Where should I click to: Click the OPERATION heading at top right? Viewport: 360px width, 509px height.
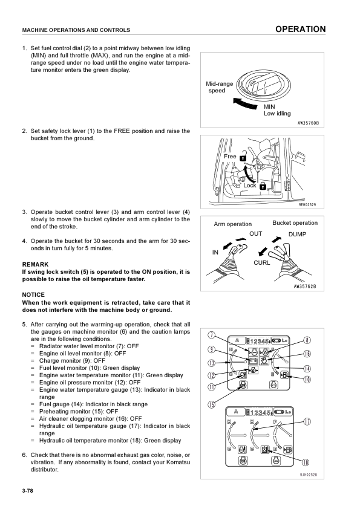tap(300, 29)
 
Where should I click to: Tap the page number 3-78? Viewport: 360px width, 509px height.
tap(28, 490)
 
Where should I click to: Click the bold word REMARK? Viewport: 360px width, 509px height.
tap(35, 265)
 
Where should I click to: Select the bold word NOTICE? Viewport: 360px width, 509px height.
tap(33, 295)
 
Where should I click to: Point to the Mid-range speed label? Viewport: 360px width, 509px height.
tap(219, 87)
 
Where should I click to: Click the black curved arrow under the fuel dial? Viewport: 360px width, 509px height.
tap(246, 103)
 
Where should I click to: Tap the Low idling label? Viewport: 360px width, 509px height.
tap(277, 113)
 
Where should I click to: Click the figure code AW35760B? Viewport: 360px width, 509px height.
tap(309, 123)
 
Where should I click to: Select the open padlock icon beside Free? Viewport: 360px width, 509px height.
tap(243, 157)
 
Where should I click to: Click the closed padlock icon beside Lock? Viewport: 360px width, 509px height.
tap(263, 186)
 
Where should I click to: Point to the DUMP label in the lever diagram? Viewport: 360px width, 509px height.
tap(297, 235)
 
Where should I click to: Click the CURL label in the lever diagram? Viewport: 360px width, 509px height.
tap(261, 262)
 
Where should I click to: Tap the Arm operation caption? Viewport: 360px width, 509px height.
tap(232, 224)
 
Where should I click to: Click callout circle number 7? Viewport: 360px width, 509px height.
tap(211, 335)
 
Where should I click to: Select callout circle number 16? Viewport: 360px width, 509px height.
tap(307, 354)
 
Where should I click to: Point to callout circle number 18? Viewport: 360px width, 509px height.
tap(306, 462)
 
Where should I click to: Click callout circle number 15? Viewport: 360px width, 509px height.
tap(211, 404)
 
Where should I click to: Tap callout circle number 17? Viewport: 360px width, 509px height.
tap(307, 421)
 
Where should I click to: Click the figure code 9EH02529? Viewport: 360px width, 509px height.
tap(307, 205)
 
